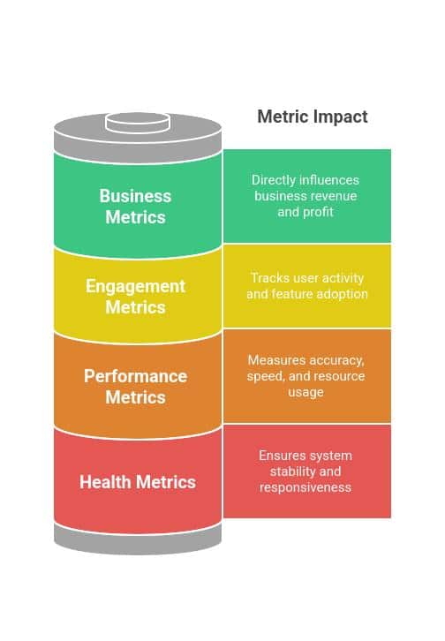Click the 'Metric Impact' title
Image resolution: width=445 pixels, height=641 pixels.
313,117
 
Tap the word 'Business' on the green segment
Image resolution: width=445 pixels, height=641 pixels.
135,196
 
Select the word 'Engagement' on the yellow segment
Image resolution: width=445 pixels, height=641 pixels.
136,287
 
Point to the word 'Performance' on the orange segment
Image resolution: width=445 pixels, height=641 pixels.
136,376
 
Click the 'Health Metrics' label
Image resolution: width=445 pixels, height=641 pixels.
138,482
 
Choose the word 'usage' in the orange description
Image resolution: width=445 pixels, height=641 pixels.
305,392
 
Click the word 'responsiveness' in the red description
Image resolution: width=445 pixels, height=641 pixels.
305,487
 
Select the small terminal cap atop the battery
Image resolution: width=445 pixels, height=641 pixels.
138,123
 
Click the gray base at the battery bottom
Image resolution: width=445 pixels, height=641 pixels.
138,539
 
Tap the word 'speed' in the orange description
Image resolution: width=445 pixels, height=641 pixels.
265,376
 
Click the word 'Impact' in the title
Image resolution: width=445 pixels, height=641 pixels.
341,117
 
